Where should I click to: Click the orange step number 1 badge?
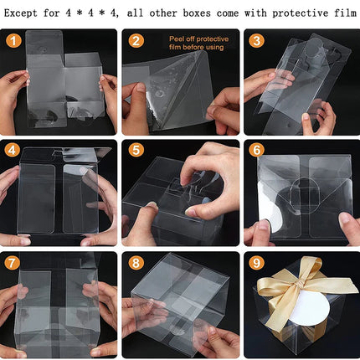13,41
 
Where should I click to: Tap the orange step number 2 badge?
136,41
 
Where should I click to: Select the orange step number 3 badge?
256,41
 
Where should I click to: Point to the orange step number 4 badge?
12,151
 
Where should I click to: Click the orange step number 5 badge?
136,150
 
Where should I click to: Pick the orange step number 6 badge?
256,150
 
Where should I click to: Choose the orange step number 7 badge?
12,263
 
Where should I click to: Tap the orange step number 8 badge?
136,263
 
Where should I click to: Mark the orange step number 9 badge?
256,263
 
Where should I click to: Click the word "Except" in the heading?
20,13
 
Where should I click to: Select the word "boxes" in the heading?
197,13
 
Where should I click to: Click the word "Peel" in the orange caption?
177,39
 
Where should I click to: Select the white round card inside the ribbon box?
306,308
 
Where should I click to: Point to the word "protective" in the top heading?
301,13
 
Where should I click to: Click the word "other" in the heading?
163,13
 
